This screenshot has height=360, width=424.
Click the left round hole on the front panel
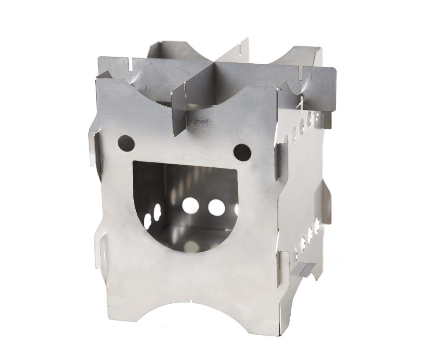click(126, 143)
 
